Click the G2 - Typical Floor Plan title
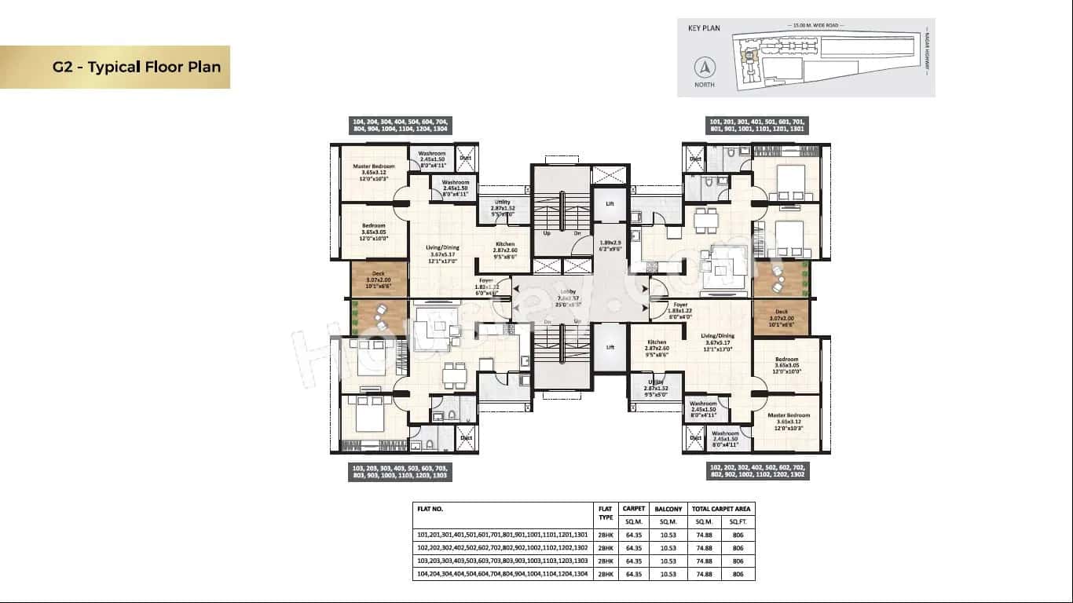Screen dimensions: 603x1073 136,66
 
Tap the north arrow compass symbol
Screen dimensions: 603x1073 705,68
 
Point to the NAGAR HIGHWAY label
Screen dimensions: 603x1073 927,54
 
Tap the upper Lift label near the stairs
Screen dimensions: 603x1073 610,203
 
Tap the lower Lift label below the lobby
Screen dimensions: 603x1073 610,347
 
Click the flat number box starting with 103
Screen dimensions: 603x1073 400,471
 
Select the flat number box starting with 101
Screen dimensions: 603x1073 756,126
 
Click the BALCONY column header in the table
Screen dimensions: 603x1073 668,509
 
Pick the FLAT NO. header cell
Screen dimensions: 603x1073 430,509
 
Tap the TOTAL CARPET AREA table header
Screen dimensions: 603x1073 721,509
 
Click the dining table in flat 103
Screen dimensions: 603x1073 453,375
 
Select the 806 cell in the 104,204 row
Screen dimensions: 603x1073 738,574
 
